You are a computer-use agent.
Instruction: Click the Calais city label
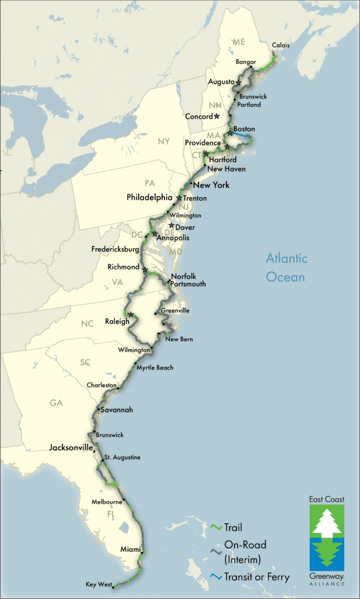[281, 45]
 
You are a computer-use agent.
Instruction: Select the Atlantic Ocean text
[286, 267]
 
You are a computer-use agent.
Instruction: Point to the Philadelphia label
[150, 198]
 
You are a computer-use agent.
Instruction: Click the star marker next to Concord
[217, 116]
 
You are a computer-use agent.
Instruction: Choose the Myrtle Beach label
[155, 367]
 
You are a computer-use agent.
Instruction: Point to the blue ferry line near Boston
[242, 135]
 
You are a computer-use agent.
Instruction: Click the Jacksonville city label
[71, 447]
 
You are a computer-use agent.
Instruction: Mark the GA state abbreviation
[56, 403]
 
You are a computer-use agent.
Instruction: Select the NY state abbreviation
[163, 142]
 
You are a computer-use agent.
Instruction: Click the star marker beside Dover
[171, 225]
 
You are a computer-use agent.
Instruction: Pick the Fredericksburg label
[115, 249]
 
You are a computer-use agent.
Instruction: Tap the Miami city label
[130, 549]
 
